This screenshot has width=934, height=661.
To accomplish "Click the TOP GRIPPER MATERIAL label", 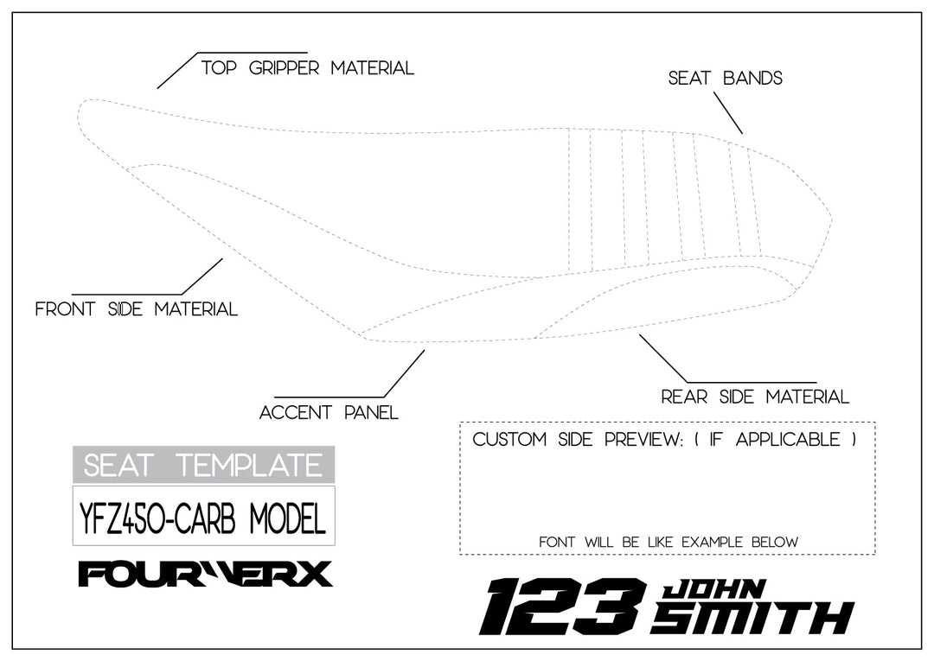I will click(307, 68).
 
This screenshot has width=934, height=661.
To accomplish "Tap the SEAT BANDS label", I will click(725, 79).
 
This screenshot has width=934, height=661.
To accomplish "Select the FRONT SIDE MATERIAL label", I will click(136, 309).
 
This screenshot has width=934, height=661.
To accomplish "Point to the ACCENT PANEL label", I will click(329, 413).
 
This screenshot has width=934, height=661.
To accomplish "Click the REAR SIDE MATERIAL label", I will click(755, 397).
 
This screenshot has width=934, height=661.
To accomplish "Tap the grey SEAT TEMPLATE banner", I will click(203, 465).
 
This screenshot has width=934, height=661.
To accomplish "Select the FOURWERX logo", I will click(205, 574).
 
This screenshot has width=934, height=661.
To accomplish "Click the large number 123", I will click(562, 607).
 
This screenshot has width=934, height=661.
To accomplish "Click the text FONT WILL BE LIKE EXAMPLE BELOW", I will click(668, 543).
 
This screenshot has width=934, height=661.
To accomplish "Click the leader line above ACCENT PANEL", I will click(404, 373).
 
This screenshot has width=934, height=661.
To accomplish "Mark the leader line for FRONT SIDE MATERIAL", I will click(202, 276).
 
